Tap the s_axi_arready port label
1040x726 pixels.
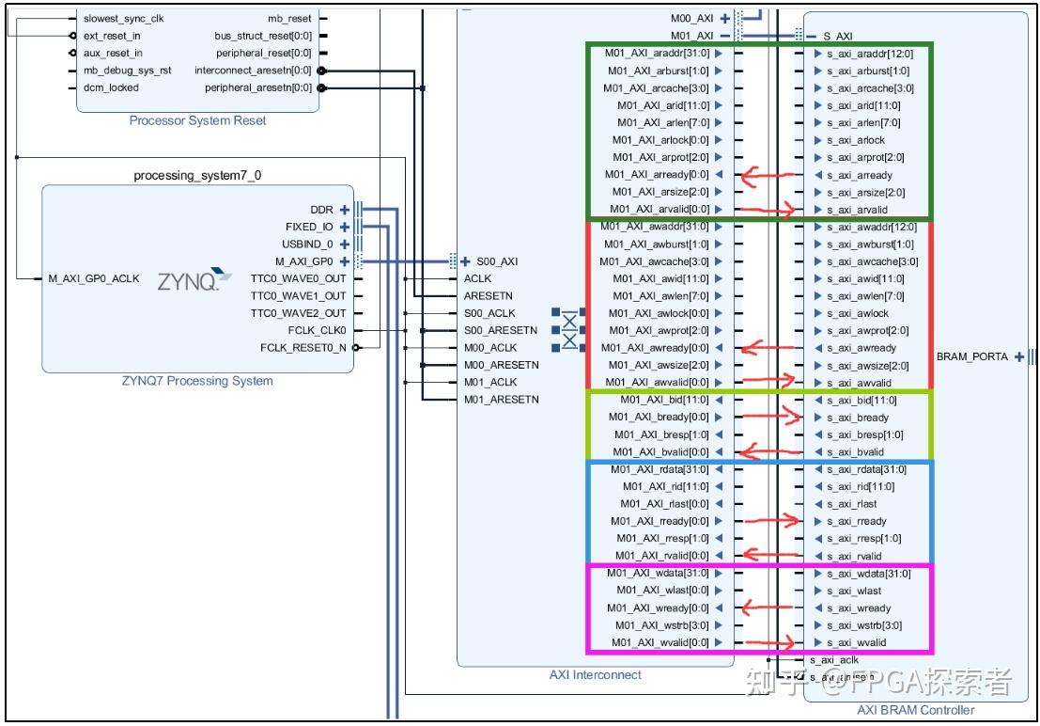coord(860,175)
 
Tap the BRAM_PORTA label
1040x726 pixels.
coord(971,356)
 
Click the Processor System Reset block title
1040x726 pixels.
coord(197,120)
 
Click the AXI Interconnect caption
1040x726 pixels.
coord(596,674)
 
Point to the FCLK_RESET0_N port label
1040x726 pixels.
coord(303,348)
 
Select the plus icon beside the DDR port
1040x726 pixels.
coord(344,210)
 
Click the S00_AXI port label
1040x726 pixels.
coord(496,261)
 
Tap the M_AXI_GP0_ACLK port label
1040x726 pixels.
coord(94,278)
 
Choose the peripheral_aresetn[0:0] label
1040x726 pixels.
coord(257,87)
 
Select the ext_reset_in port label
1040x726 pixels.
coord(112,36)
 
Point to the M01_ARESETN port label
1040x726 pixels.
coord(502,400)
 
